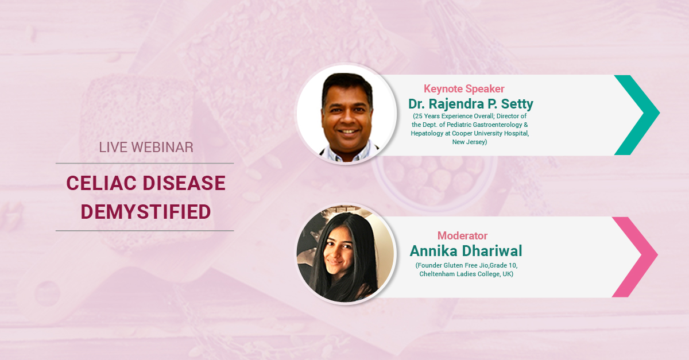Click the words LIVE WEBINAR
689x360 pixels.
click(146, 148)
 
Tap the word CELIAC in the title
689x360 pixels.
click(102, 183)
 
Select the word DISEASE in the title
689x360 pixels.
click(184, 183)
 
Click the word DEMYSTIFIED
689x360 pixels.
click(146, 212)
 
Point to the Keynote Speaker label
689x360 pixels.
click(464, 89)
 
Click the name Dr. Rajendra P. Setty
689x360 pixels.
click(471, 104)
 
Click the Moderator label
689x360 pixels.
click(462, 235)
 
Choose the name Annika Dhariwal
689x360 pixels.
click(466, 251)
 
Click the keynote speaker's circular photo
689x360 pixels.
click(346, 114)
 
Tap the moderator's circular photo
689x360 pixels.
click(346, 254)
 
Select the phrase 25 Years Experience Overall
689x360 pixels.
click(454, 116)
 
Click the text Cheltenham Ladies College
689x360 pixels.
click(460, 274)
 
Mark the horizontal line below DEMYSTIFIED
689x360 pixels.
click(145, 230)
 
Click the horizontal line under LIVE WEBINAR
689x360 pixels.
click(145, 163)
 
